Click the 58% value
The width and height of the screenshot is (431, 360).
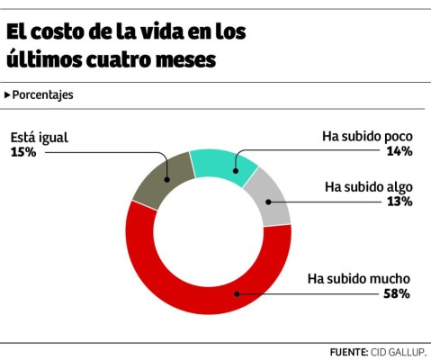[398, 293]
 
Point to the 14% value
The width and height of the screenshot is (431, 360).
[400, 151]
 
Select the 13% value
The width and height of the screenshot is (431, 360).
[400, 202]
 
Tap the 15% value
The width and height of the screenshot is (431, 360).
[23, 152]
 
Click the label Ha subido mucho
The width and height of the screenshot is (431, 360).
[359, 278]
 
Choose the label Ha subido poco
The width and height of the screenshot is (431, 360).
[367, 137]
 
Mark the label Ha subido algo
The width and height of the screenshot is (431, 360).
[368, 187]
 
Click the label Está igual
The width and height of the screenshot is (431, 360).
[39, 138]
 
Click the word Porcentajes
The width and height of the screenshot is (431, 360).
[43, 94]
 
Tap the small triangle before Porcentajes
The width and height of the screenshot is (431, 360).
[7, 94]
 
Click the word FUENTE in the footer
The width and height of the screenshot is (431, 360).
[343, 351]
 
